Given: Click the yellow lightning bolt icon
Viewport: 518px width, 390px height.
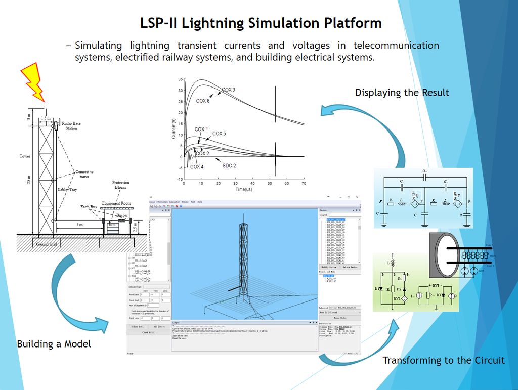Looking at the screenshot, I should point(33,81).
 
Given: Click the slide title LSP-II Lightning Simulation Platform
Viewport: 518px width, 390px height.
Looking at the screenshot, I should point(261,23).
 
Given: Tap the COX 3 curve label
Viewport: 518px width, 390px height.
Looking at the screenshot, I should point(228,90).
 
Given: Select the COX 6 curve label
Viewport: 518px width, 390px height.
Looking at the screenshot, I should point(203,101).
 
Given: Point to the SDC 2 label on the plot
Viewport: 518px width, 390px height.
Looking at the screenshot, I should point(229,165).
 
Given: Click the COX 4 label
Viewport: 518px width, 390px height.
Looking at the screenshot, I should point(196,166).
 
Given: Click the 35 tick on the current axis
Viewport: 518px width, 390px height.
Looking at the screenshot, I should point(180,80).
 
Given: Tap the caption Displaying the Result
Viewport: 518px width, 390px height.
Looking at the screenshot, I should point(402,93).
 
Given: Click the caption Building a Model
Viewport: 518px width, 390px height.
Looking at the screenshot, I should point(54,344).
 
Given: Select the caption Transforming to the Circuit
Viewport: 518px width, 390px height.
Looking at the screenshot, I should point(443,360).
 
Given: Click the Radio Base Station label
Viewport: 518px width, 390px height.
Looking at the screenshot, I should point(71,126).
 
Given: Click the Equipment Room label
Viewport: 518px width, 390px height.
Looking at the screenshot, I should point(116,203).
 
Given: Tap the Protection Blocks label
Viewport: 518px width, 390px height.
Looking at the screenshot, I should point(120,185).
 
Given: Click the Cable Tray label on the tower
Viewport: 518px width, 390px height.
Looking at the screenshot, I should point(66,190).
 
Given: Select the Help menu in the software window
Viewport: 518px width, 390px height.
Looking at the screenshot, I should point(199,202).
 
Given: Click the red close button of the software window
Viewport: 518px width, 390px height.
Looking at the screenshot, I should point(357,197).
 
